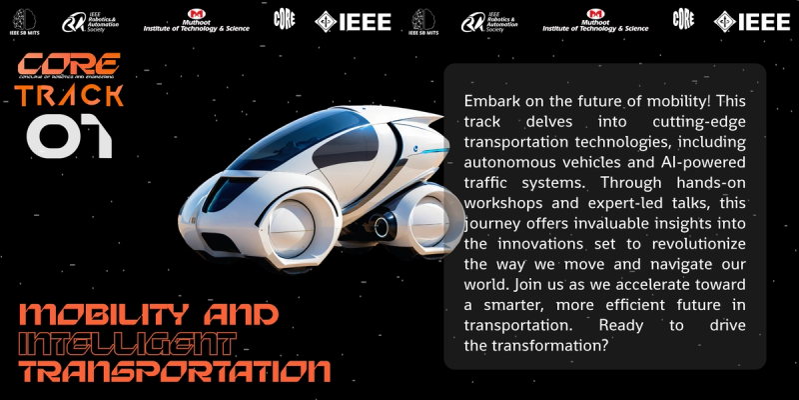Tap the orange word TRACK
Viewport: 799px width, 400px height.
pos(70,96)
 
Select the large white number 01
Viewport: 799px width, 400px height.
pos(69,137)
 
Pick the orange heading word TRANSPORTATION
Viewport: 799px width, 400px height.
pos(175,372)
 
